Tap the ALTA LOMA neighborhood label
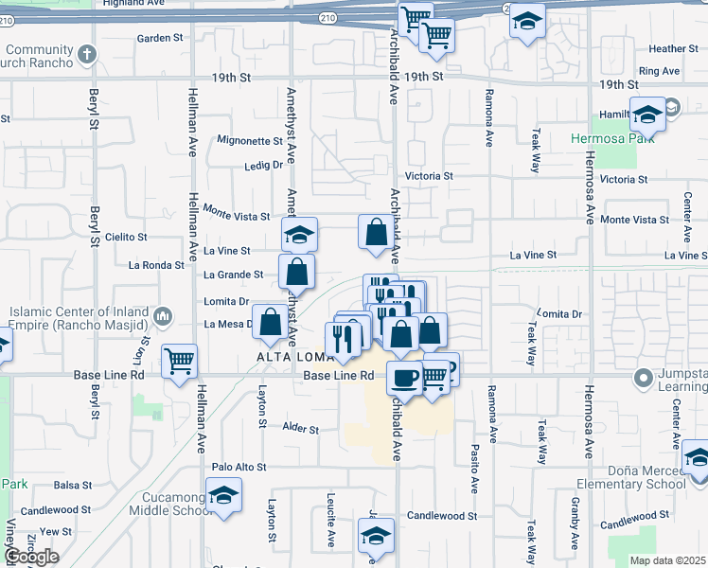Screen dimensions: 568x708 (x=289, y=357)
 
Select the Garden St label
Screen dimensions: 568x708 (x=159, y=39)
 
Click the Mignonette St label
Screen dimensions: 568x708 (x=250, y=141)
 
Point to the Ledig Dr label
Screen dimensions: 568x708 (x=264, y=165)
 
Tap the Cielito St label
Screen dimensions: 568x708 (x=127, y=237)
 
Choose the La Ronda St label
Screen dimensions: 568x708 (x=156, y=266)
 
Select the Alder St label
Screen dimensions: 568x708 (x=301, y=429)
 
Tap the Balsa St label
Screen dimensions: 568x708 (x=73, y=486)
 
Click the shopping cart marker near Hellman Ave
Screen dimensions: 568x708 (x=179, y=361)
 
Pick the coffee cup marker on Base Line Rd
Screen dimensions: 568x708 (x=404, y=378)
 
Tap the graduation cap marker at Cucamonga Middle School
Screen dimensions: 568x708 (x=223, y=494)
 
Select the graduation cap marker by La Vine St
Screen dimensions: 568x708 (x=300, y=234)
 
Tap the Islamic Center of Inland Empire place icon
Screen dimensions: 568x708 (x=162, y=314)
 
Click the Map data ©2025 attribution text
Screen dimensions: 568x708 (x=667, y=560)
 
